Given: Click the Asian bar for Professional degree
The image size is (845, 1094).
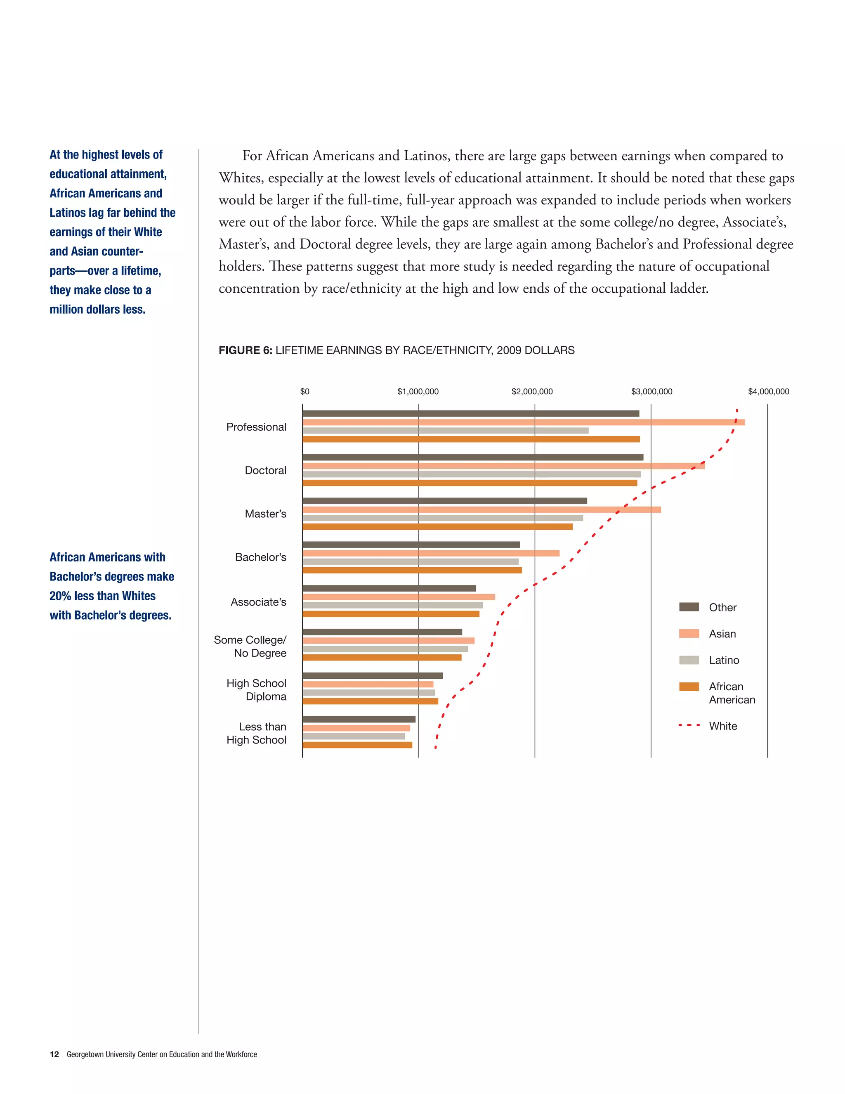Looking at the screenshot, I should point(523,422).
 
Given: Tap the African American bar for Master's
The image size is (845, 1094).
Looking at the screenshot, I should point(437,526).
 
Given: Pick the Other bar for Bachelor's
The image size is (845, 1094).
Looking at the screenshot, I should point(411,545).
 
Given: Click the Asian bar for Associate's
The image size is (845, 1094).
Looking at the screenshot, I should point(399,597).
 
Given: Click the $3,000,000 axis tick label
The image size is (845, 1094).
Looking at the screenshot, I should point(651,392).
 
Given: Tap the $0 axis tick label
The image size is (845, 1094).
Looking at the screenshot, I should point(304,392).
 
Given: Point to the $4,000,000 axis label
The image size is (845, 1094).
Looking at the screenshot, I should point(768,392).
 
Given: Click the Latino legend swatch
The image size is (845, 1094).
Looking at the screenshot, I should point(688,660).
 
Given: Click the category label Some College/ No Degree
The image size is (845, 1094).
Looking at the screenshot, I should point(250,646).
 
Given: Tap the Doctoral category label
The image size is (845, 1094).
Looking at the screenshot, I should point(265,470).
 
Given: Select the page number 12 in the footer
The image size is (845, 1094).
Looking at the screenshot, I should point(54,1054).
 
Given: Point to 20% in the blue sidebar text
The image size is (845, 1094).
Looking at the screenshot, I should point(60,596).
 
